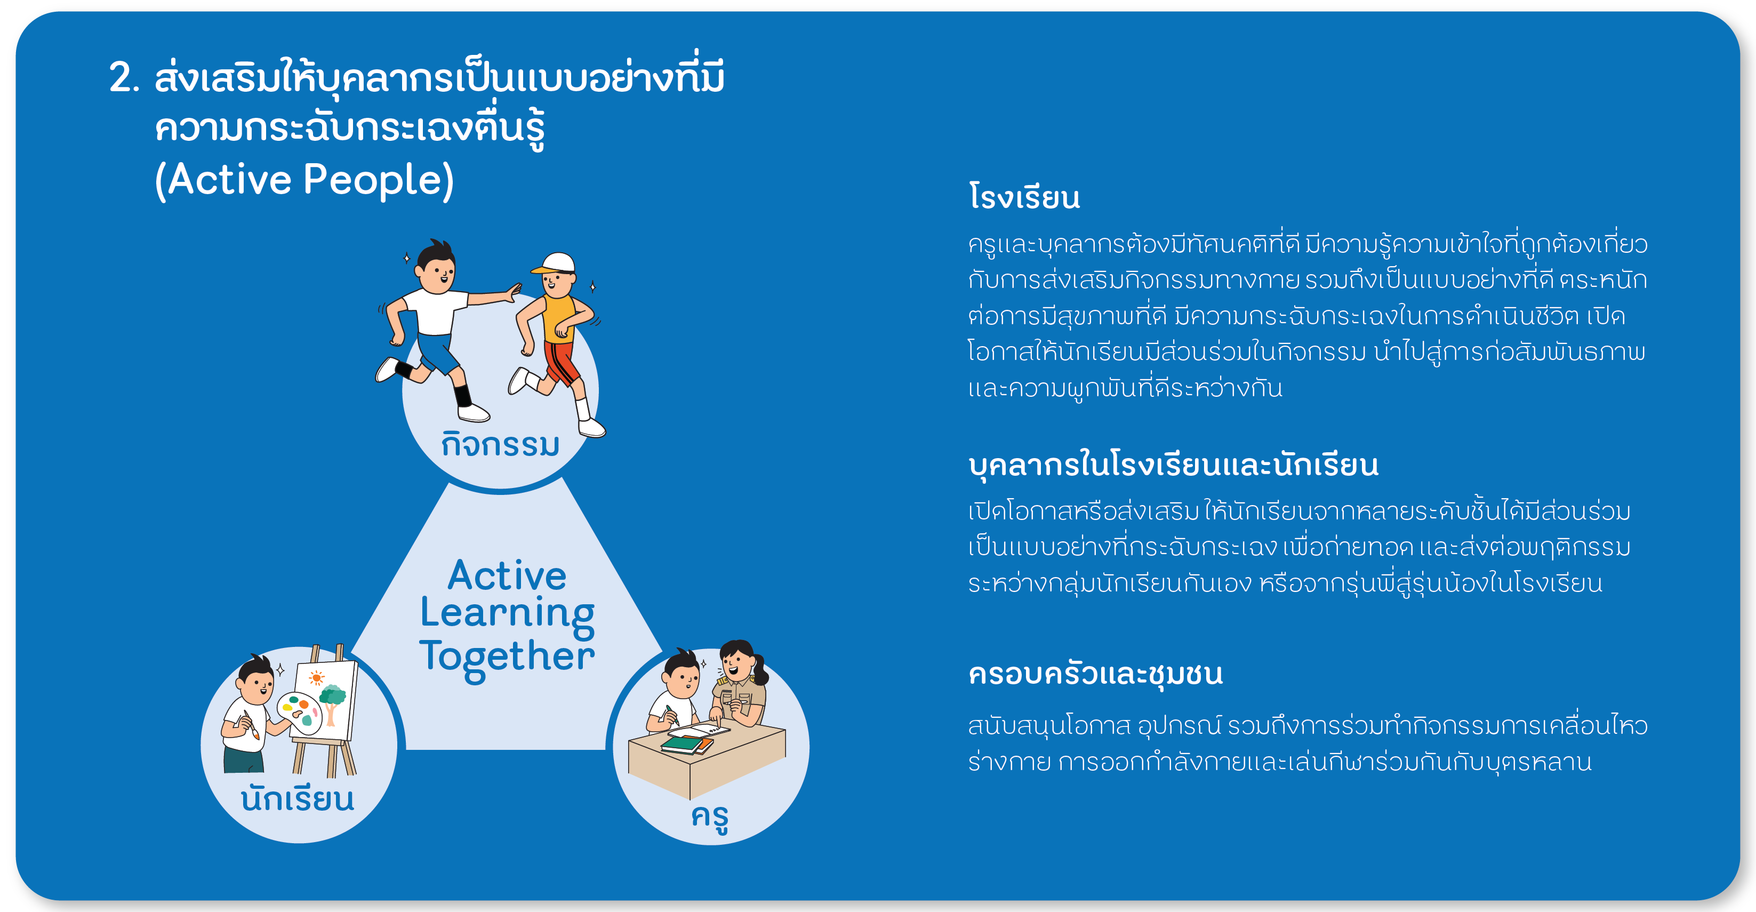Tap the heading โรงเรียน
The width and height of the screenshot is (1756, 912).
(x=1024, y=197)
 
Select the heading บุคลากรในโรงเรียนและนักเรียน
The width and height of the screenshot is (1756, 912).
(x=1173, y=466)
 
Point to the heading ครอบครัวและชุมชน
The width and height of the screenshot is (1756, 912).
(x=1095, y=674)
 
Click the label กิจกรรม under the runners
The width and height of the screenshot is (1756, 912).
(x=500, y=444)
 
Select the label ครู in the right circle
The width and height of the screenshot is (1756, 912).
(x=710, y=817)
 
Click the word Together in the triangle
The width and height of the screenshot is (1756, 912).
(x=507, y=658)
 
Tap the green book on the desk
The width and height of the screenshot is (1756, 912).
(x=683, y=745)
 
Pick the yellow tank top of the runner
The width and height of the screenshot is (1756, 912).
(x=558, y=318)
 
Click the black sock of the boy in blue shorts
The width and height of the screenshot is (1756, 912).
(x=463, y=395)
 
